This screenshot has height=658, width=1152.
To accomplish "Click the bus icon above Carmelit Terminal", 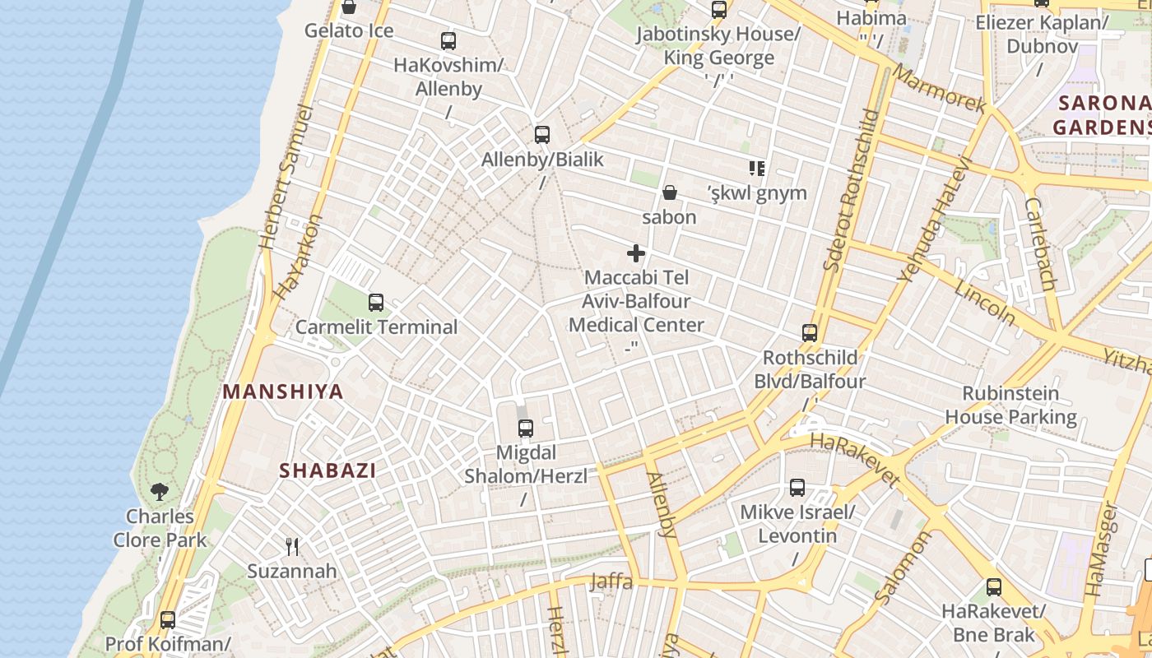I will click(x=376, y=303).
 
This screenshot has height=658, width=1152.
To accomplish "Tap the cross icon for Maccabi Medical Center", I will click(x=636, y=253).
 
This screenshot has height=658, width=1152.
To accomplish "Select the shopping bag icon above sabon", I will click(x=670, y=193).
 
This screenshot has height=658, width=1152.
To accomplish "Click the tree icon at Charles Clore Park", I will click(x=160, y=492).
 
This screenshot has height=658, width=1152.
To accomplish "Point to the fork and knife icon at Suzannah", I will click(x=291, y=546).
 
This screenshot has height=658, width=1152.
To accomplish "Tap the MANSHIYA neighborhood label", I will click(x=283, y=392).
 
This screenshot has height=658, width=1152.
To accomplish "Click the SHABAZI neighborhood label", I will click(x=327, y=471).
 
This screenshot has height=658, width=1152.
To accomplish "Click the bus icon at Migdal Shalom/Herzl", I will click(x=526, y=429).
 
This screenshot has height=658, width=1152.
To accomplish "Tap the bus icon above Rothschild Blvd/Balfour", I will click(x=810, y=333).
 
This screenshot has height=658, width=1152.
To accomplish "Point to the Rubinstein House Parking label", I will click(x=1010, y=405).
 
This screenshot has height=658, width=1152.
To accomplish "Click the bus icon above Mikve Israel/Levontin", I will click(x=797, y=488).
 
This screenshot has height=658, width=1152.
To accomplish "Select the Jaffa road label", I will click(x=611, y=582).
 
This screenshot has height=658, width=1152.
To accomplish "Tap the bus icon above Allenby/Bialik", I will click(x=541, y=135).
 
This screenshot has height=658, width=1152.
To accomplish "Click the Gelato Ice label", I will click(x=349, y=31).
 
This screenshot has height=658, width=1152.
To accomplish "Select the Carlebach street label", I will click(x=1040, y=244).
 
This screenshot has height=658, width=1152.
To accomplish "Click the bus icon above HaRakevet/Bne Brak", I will click(x=994, y=587).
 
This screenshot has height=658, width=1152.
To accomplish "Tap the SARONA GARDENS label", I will click(x=1103, y=115).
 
